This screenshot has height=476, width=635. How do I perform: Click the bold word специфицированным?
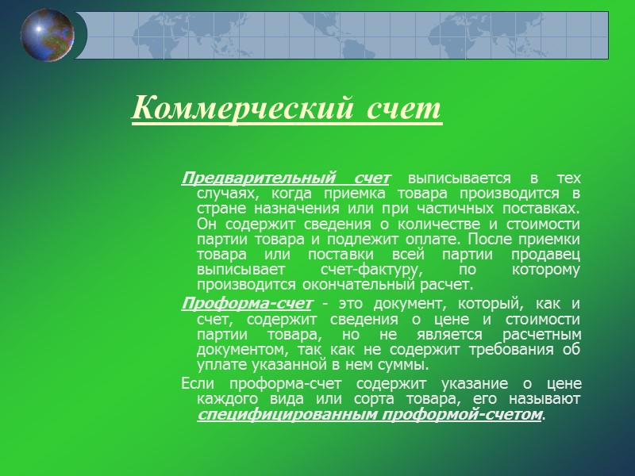(282, 415)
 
